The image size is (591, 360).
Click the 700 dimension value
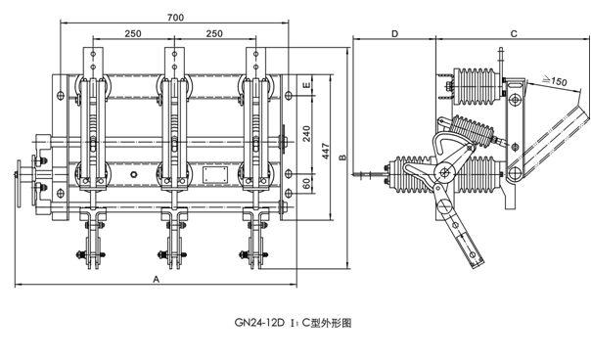tap(176, 18)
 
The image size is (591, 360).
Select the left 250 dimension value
tap(133, 33)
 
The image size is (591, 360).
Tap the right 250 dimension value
tap(214, 33)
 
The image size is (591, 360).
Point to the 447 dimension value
tap(326, 151)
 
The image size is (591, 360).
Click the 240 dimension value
tap(306, 133)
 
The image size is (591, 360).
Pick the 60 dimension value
tap(306, 183)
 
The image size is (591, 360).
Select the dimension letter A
tap(157, 280)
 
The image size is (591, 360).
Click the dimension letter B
tap(342, 157)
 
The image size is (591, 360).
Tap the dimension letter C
tap(514, 34)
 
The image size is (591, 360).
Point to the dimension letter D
tap(394, 34)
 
